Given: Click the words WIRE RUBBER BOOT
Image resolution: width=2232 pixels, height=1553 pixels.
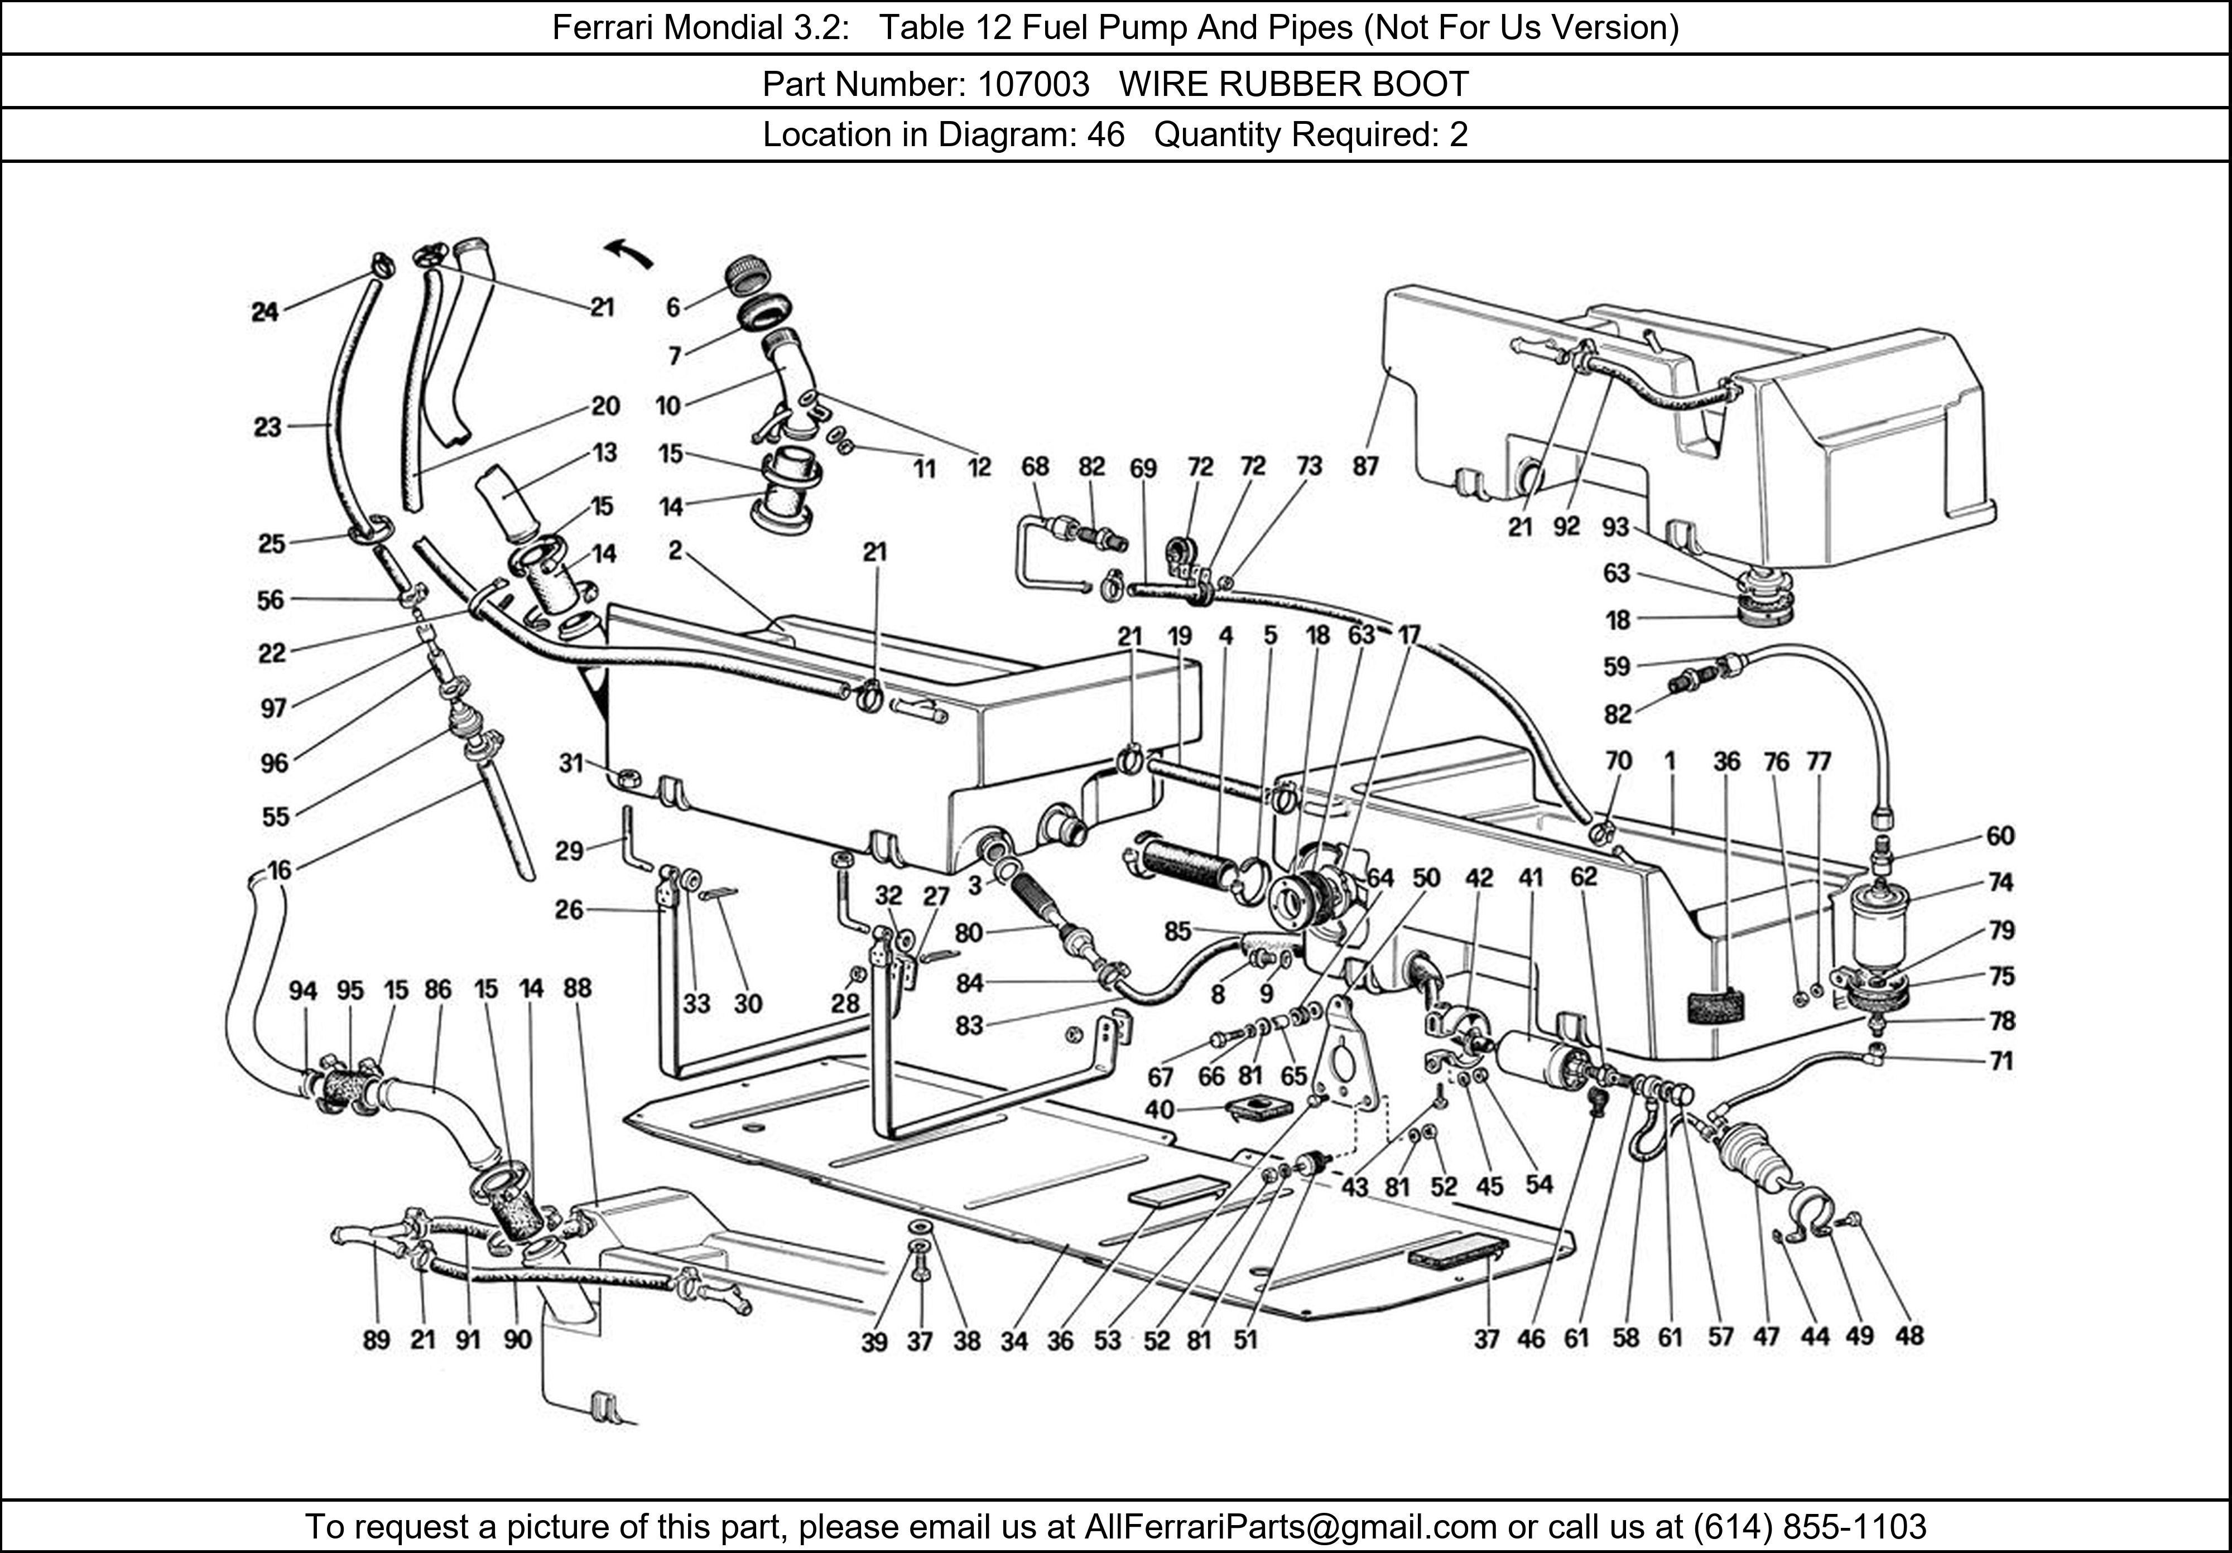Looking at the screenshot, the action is point(1294,85).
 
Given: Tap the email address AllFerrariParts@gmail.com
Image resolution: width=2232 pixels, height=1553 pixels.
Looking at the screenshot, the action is point(1290,1527).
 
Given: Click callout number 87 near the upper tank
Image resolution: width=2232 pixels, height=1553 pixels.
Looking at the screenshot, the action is point(1365,466).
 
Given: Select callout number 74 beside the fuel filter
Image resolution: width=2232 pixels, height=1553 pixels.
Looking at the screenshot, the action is point(2000,882).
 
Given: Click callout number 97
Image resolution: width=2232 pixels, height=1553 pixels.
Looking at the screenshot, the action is point(273,707).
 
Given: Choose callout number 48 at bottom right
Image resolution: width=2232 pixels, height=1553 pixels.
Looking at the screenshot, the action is point(1909,1336).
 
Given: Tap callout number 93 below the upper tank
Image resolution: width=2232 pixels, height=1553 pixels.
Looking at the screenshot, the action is point(1615,527).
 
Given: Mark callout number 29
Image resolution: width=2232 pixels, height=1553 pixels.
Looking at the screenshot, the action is point(569,851).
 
